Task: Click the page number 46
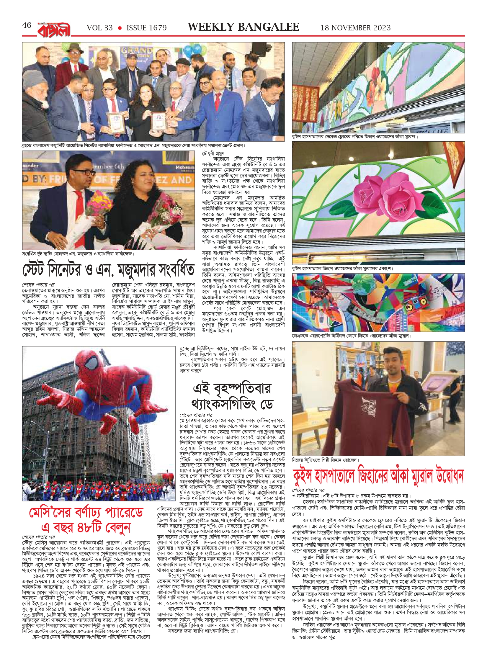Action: pos(27,25)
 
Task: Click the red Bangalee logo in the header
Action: pos(54,29)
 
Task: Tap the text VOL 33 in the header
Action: pos(100,28)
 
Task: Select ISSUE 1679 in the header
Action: pos(146,28)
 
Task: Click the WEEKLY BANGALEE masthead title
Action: pos(243,27)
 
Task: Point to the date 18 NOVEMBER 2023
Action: pos(355,28)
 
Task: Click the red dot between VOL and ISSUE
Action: pos(120,28)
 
